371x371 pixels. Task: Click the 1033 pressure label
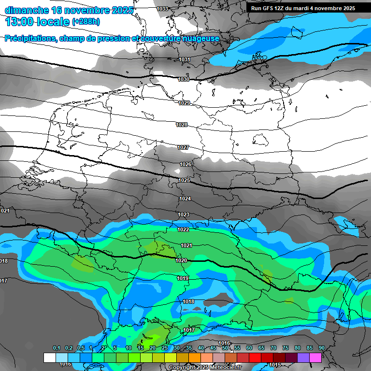(163, 9)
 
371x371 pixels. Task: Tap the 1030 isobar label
(184, 79)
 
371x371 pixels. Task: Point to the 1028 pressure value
(182, 125)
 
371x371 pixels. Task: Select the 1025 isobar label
(184, 180)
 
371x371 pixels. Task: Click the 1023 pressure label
(184, 214)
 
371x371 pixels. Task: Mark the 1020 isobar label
(181, 260)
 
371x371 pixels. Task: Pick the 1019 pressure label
(183, 278)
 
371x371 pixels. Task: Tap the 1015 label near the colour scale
(275, 365)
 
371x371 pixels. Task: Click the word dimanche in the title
(24, 10)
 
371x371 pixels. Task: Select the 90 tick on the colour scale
(321, 348)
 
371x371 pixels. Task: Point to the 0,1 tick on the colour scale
(56, 348)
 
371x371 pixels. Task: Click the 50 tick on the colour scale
(225, 348)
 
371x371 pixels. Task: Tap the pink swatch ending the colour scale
(315, 357)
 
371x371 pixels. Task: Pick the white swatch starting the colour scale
(49, 357)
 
